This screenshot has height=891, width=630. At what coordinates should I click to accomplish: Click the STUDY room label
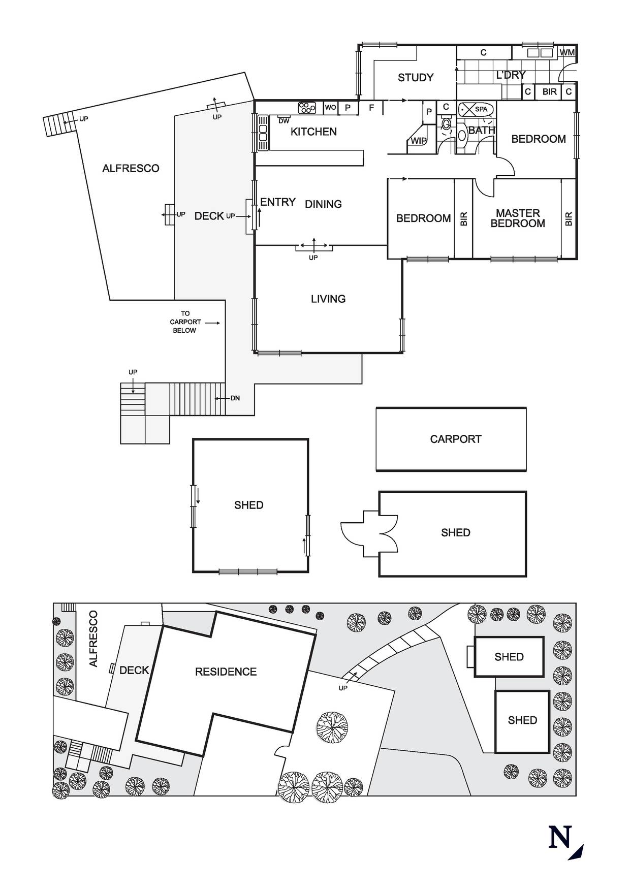pyautogui.click(x=416, y=78)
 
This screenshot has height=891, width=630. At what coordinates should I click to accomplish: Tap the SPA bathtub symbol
pyautogui.click(x=476, y=109)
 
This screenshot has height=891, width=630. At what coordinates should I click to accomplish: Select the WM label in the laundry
pyautogui.click(x=568, y=53)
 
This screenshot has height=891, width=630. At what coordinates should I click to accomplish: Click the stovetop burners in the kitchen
pyautogui.click(x=307, y=107)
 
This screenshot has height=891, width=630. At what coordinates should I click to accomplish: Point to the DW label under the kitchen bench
pyautogui.click(x=284, y=121)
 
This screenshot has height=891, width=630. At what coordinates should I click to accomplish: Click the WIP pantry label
pyautogui.click(x=419, y=141)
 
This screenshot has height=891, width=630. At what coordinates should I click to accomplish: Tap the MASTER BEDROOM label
pyautogui.click(x=518, y=218)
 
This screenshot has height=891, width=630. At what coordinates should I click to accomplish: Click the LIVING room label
pyautogui.click(x=328, y=299)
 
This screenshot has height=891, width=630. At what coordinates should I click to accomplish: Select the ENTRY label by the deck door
pyautogui.click(x=278, y=202)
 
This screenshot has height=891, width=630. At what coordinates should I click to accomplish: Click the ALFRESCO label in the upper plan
pyautogui.click(x=131, y=168)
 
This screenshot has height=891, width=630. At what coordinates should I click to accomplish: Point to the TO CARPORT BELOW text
pyautogui.click(x=185, y=322)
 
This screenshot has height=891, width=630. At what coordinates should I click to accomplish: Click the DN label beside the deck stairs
pyautogui.click(x=235, y=398)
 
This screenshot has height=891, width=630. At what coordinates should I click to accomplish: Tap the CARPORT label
pyautogui.click(x=455, y=439)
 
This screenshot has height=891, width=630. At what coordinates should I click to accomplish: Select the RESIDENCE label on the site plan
pyautogui.click(x=226, y=672)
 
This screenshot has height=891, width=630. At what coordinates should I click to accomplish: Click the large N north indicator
pyautogui.click(x=560, y=838)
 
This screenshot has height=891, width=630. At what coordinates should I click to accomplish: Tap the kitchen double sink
pyautogui.click(x=263, y=133)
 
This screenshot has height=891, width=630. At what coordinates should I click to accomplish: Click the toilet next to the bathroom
pyautogui.click(x=446, y=125)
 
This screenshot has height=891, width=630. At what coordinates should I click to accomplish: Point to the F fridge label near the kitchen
pyautogui.click(x=371, y=108)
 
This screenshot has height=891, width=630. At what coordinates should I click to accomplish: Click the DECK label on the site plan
pyautogui.click(x=134, y=671)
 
